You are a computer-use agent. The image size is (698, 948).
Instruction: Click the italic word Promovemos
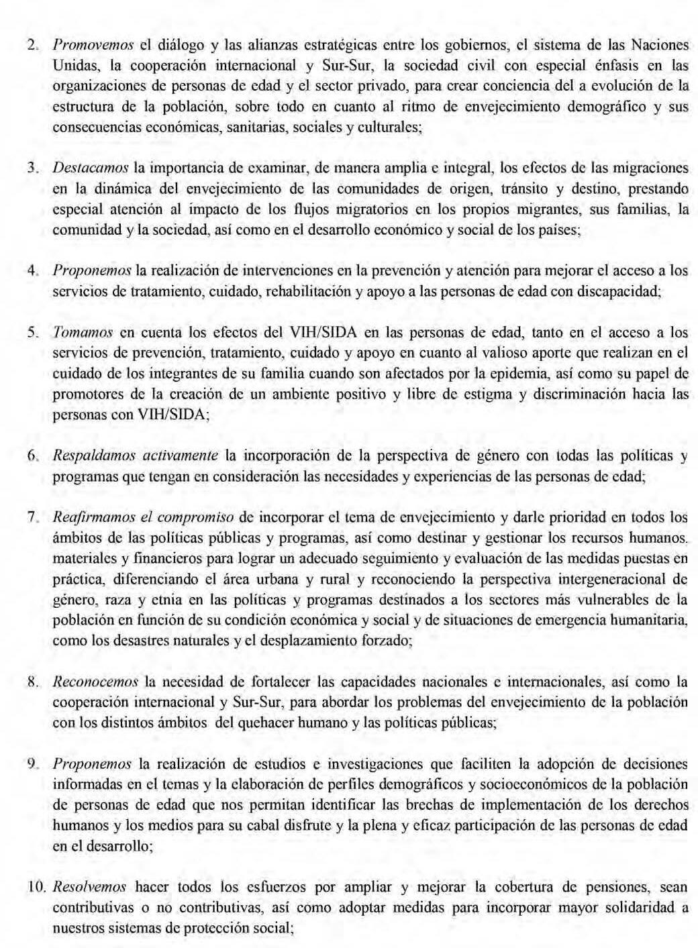tap(93, 46)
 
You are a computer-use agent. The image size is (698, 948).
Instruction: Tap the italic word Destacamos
tap(91, 168)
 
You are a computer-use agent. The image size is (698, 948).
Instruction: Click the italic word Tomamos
tap(83, 332)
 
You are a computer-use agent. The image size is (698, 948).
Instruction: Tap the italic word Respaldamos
tap(93, 456)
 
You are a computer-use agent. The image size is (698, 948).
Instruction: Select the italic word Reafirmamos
tap(93, 517)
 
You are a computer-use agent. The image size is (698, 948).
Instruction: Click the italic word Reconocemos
tap(95, 682)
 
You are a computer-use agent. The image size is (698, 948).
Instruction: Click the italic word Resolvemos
tap(89, 887)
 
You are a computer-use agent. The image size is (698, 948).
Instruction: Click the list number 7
tap(31, 518)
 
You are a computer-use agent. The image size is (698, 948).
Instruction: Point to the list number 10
tap(35, 888)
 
